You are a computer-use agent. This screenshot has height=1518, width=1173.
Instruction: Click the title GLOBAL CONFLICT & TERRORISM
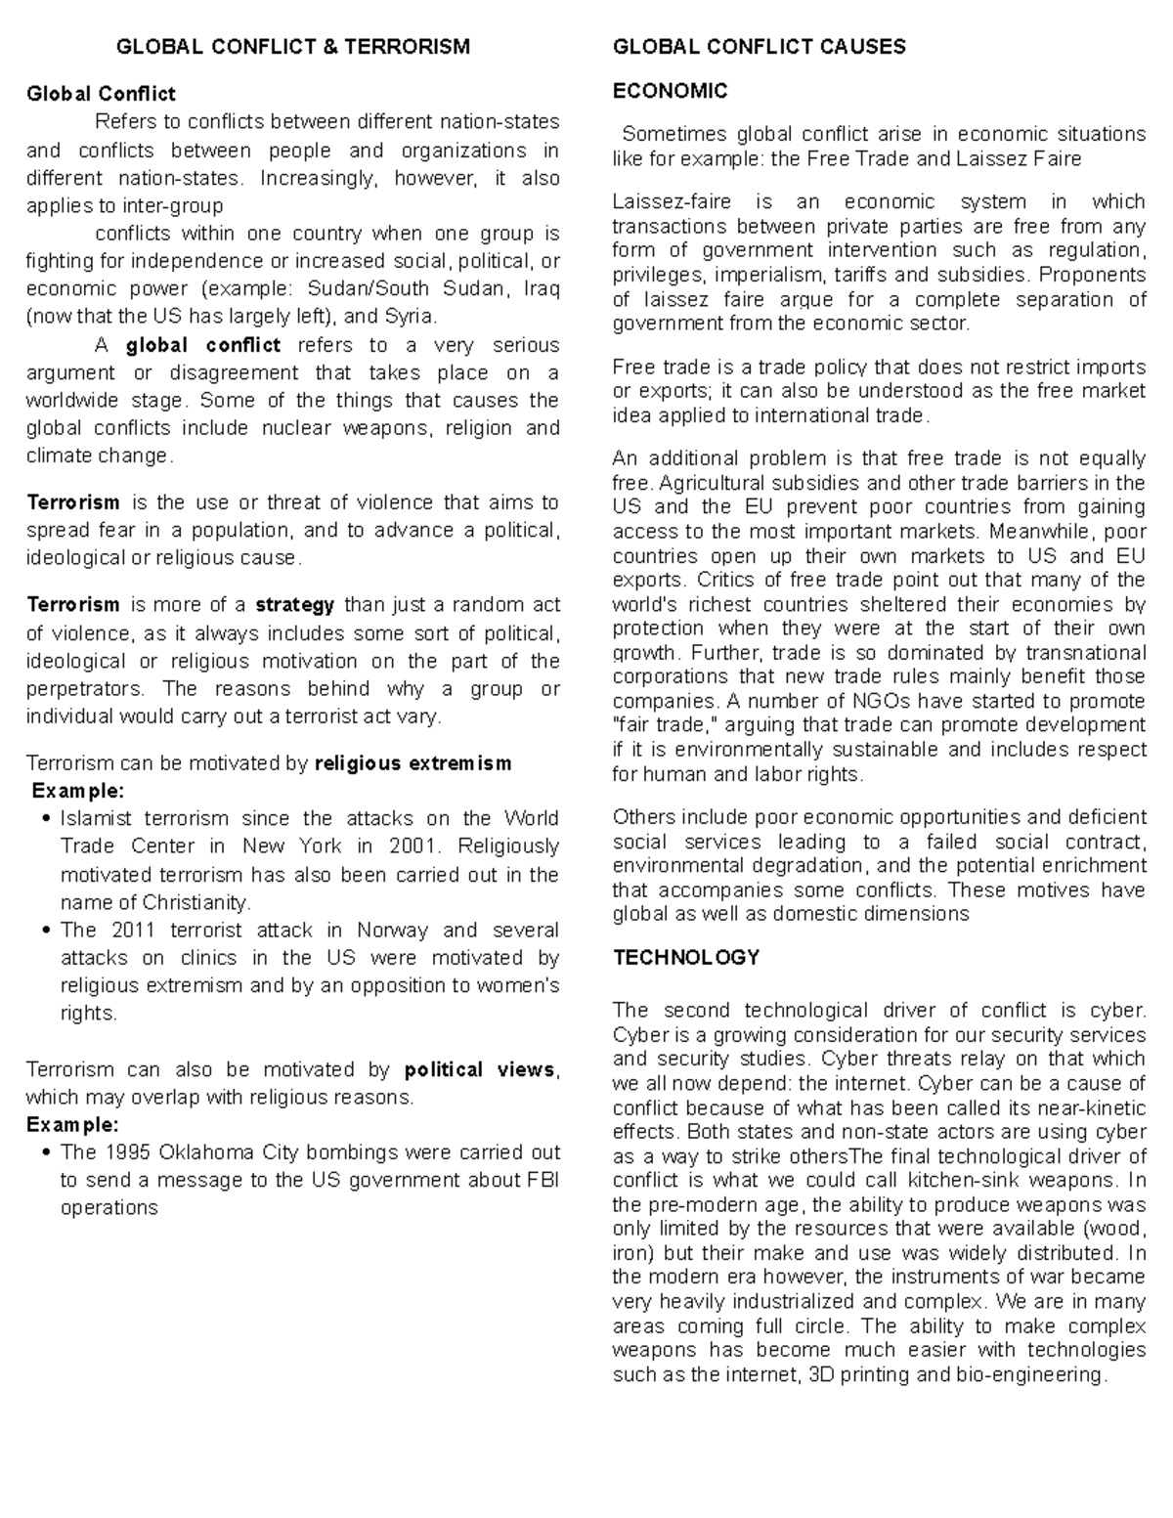293,47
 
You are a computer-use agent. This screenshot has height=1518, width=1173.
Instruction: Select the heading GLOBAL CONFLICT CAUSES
759,47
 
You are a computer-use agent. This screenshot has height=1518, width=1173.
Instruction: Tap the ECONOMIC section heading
670,91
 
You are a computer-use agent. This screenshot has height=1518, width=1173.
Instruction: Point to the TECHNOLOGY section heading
686,957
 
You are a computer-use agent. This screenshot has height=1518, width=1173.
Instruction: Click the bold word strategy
295,605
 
